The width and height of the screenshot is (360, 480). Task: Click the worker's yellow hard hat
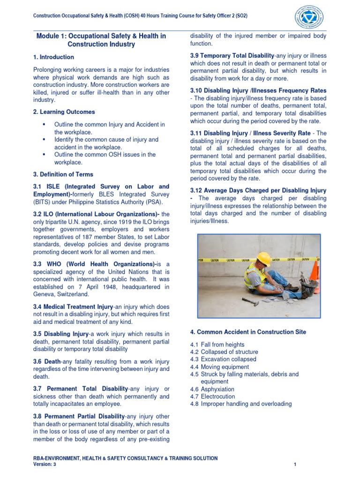(264, 258)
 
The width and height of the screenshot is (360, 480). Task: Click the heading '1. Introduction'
(53, 57)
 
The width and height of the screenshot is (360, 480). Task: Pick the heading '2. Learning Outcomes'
(64, 112)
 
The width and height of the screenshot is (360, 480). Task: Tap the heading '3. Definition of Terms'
(63, 174)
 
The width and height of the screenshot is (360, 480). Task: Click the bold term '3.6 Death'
(45, 362)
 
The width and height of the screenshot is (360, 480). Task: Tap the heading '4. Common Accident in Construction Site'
(248, 332)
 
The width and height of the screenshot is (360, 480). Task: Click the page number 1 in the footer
(295, 464)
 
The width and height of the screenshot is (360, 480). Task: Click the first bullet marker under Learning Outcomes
(44, 125)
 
